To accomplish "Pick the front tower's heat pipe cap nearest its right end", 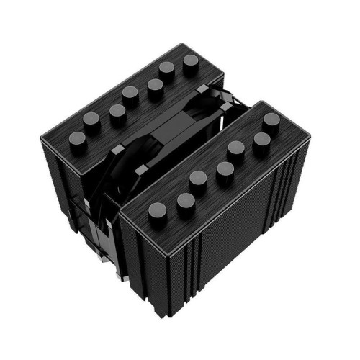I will click(271, 121).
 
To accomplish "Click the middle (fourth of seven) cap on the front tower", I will click(225, 170).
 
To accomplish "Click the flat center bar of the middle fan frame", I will click(180, 133).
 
